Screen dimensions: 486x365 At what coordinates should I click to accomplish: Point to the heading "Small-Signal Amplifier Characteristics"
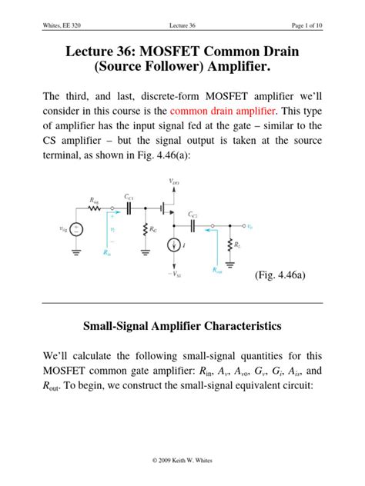tap(182, 326)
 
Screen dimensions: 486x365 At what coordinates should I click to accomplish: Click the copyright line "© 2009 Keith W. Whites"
tap(182, 470)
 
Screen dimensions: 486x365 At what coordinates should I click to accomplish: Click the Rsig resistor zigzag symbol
tap(95, 206)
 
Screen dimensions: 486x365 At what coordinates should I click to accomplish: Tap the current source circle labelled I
tap(171, 246)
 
